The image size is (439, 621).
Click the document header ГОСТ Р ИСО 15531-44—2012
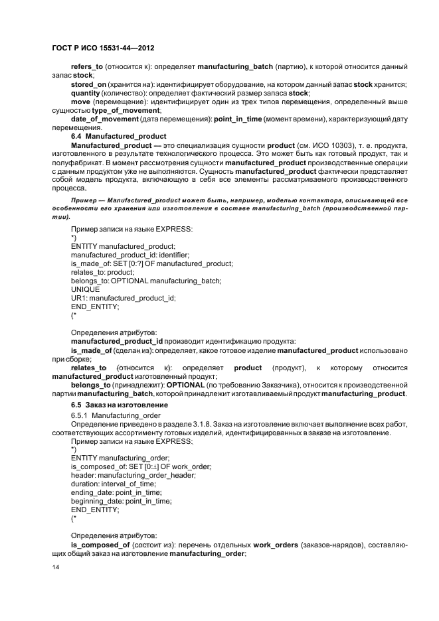point(103,49)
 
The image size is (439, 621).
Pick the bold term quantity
point(88,93)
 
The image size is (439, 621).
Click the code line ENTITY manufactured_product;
point(120,245)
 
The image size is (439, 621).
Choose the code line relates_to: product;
point(102,272)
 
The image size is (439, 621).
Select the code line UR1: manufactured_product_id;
point(123,298)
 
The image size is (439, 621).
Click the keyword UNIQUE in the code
point(85,289)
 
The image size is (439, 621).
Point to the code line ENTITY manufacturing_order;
point(120,458)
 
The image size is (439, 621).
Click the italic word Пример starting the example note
point(84,200)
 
